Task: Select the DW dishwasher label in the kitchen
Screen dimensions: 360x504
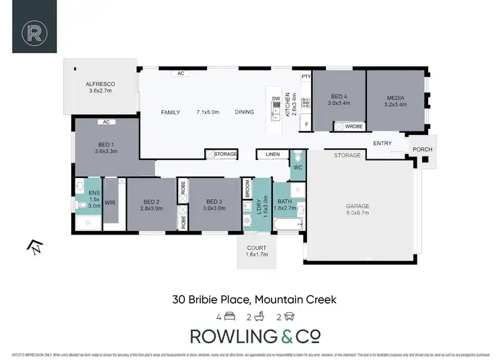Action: tap(276, 99)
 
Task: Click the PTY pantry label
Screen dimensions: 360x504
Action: tap(305, 77)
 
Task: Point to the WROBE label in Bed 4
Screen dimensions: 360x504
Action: tap(354, 126)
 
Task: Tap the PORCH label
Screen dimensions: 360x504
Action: tap(423, 149)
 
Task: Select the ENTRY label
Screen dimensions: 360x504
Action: tap(382, 143)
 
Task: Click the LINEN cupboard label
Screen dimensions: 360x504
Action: tap(272, 154)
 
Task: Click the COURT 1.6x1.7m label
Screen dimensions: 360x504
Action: tap(256, 251)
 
